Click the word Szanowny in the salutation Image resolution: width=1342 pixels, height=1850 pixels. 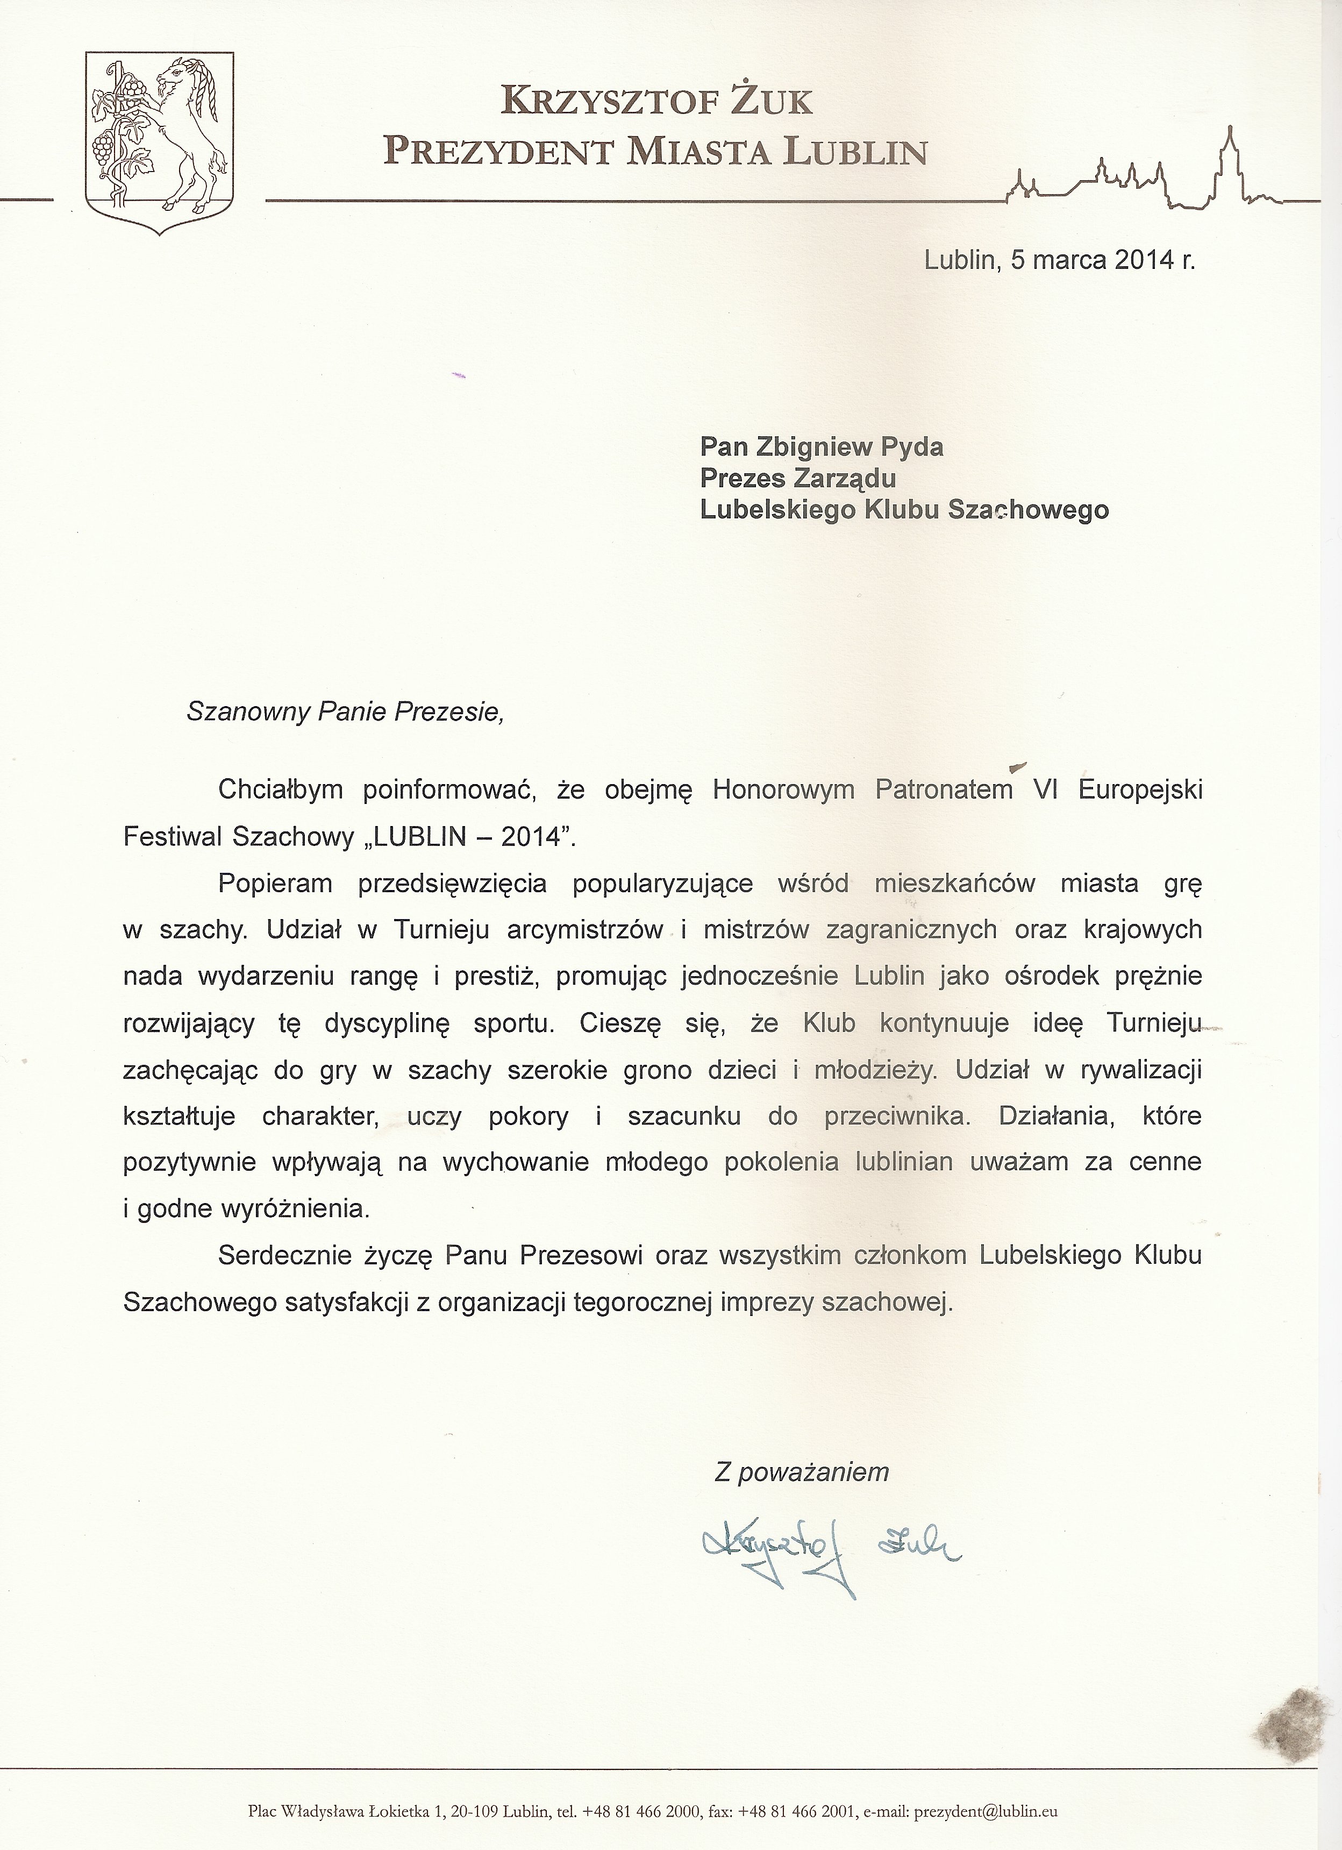point(247,712)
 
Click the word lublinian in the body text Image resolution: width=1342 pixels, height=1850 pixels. point(903,1162)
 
